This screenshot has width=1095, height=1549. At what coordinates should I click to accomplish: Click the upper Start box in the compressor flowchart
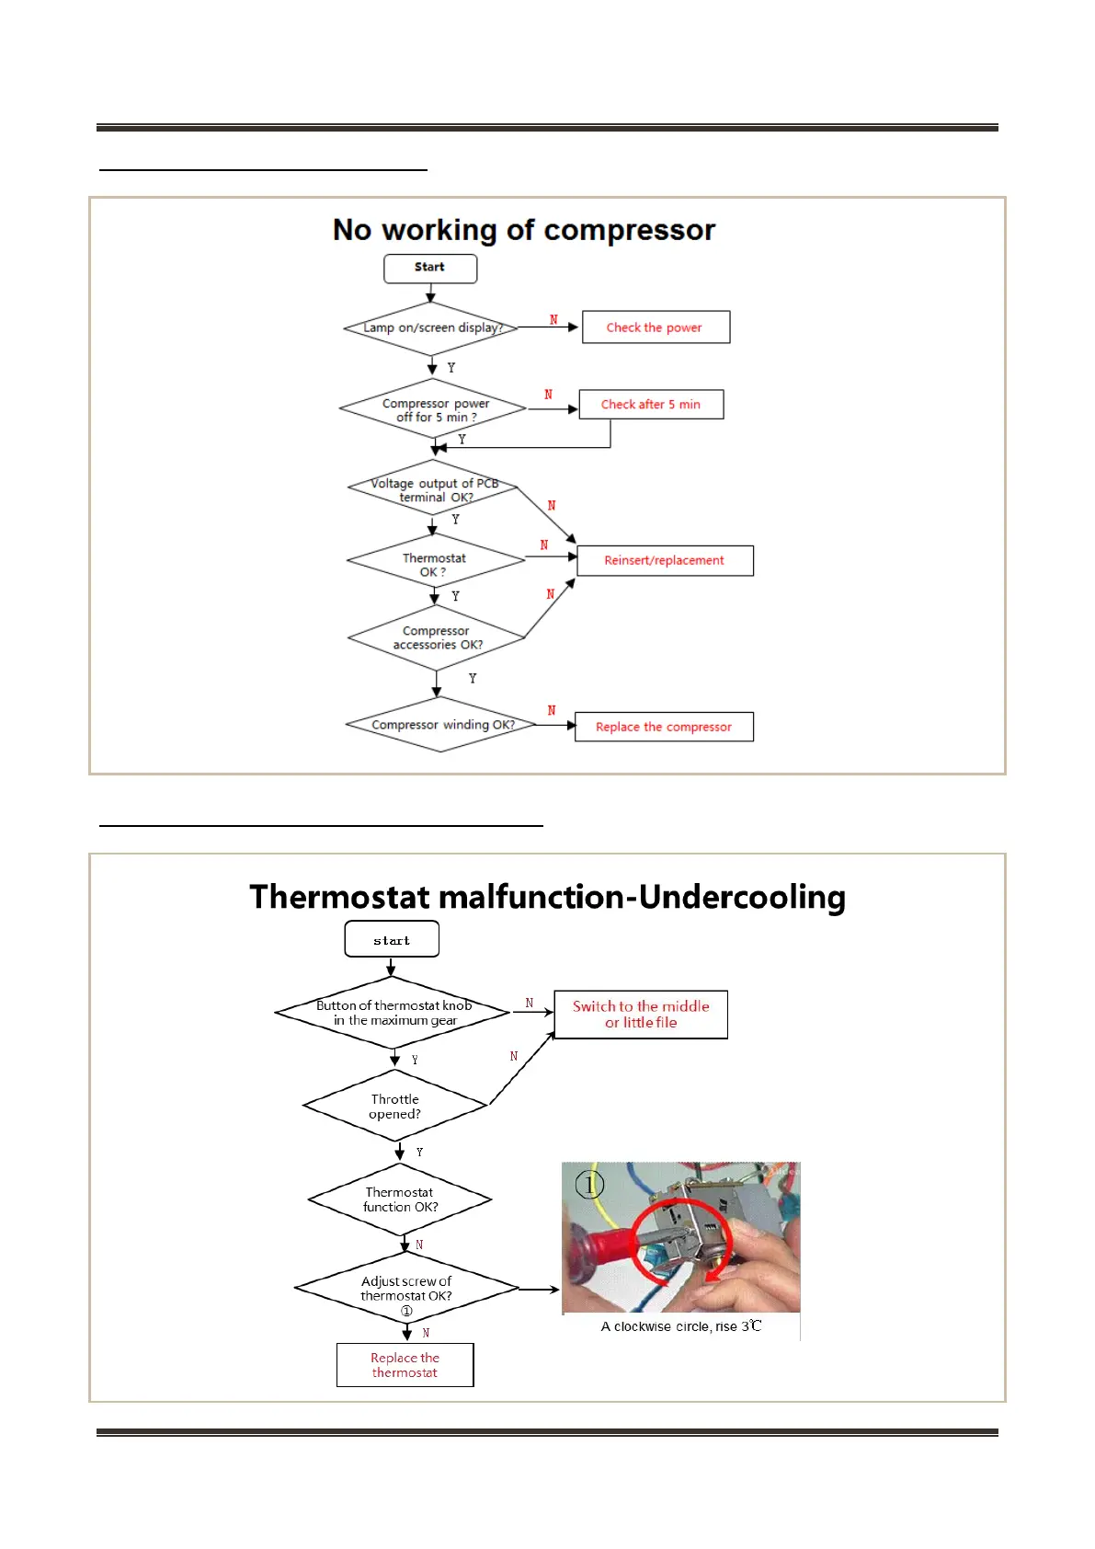pos(430,268)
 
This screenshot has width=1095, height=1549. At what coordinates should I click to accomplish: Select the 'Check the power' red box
pos(656,327)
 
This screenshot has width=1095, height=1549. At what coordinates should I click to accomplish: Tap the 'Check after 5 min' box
pos(651,405)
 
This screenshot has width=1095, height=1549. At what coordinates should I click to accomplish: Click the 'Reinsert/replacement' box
pos(665,560)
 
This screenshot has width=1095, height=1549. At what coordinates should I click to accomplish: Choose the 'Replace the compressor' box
pos(664,727)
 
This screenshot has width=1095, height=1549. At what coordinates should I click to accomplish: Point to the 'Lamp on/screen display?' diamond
pos(431,328)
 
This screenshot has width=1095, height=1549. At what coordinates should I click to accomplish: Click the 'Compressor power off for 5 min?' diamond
pos(433,409)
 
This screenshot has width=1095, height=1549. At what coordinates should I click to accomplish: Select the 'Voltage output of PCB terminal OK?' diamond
pos(433,489)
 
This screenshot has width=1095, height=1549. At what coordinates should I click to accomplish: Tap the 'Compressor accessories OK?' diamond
pos(437,637)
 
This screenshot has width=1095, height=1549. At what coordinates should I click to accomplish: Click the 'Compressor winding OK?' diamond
pos(441,725)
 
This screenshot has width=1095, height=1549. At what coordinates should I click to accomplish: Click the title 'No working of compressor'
pos(524,230)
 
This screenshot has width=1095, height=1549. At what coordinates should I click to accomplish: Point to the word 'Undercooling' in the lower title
pos(742,897)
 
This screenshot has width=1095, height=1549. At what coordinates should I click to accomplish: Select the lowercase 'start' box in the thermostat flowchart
pos(392,940)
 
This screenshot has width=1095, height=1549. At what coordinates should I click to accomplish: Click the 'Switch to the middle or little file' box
pos(641,1015)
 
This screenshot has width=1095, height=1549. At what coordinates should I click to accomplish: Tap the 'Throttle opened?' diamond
pos(395,1107)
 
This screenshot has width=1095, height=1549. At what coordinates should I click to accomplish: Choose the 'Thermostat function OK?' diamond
pos(400,1199)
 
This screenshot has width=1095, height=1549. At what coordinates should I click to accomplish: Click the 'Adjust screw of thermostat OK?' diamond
pos(406,1289)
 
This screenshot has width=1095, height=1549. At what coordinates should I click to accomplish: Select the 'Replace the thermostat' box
pos(405,1365)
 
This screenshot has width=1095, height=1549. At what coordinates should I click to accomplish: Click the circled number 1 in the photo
pos(589,1184)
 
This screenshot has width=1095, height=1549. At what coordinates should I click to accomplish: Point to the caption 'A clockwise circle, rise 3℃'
pos(681,1326)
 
